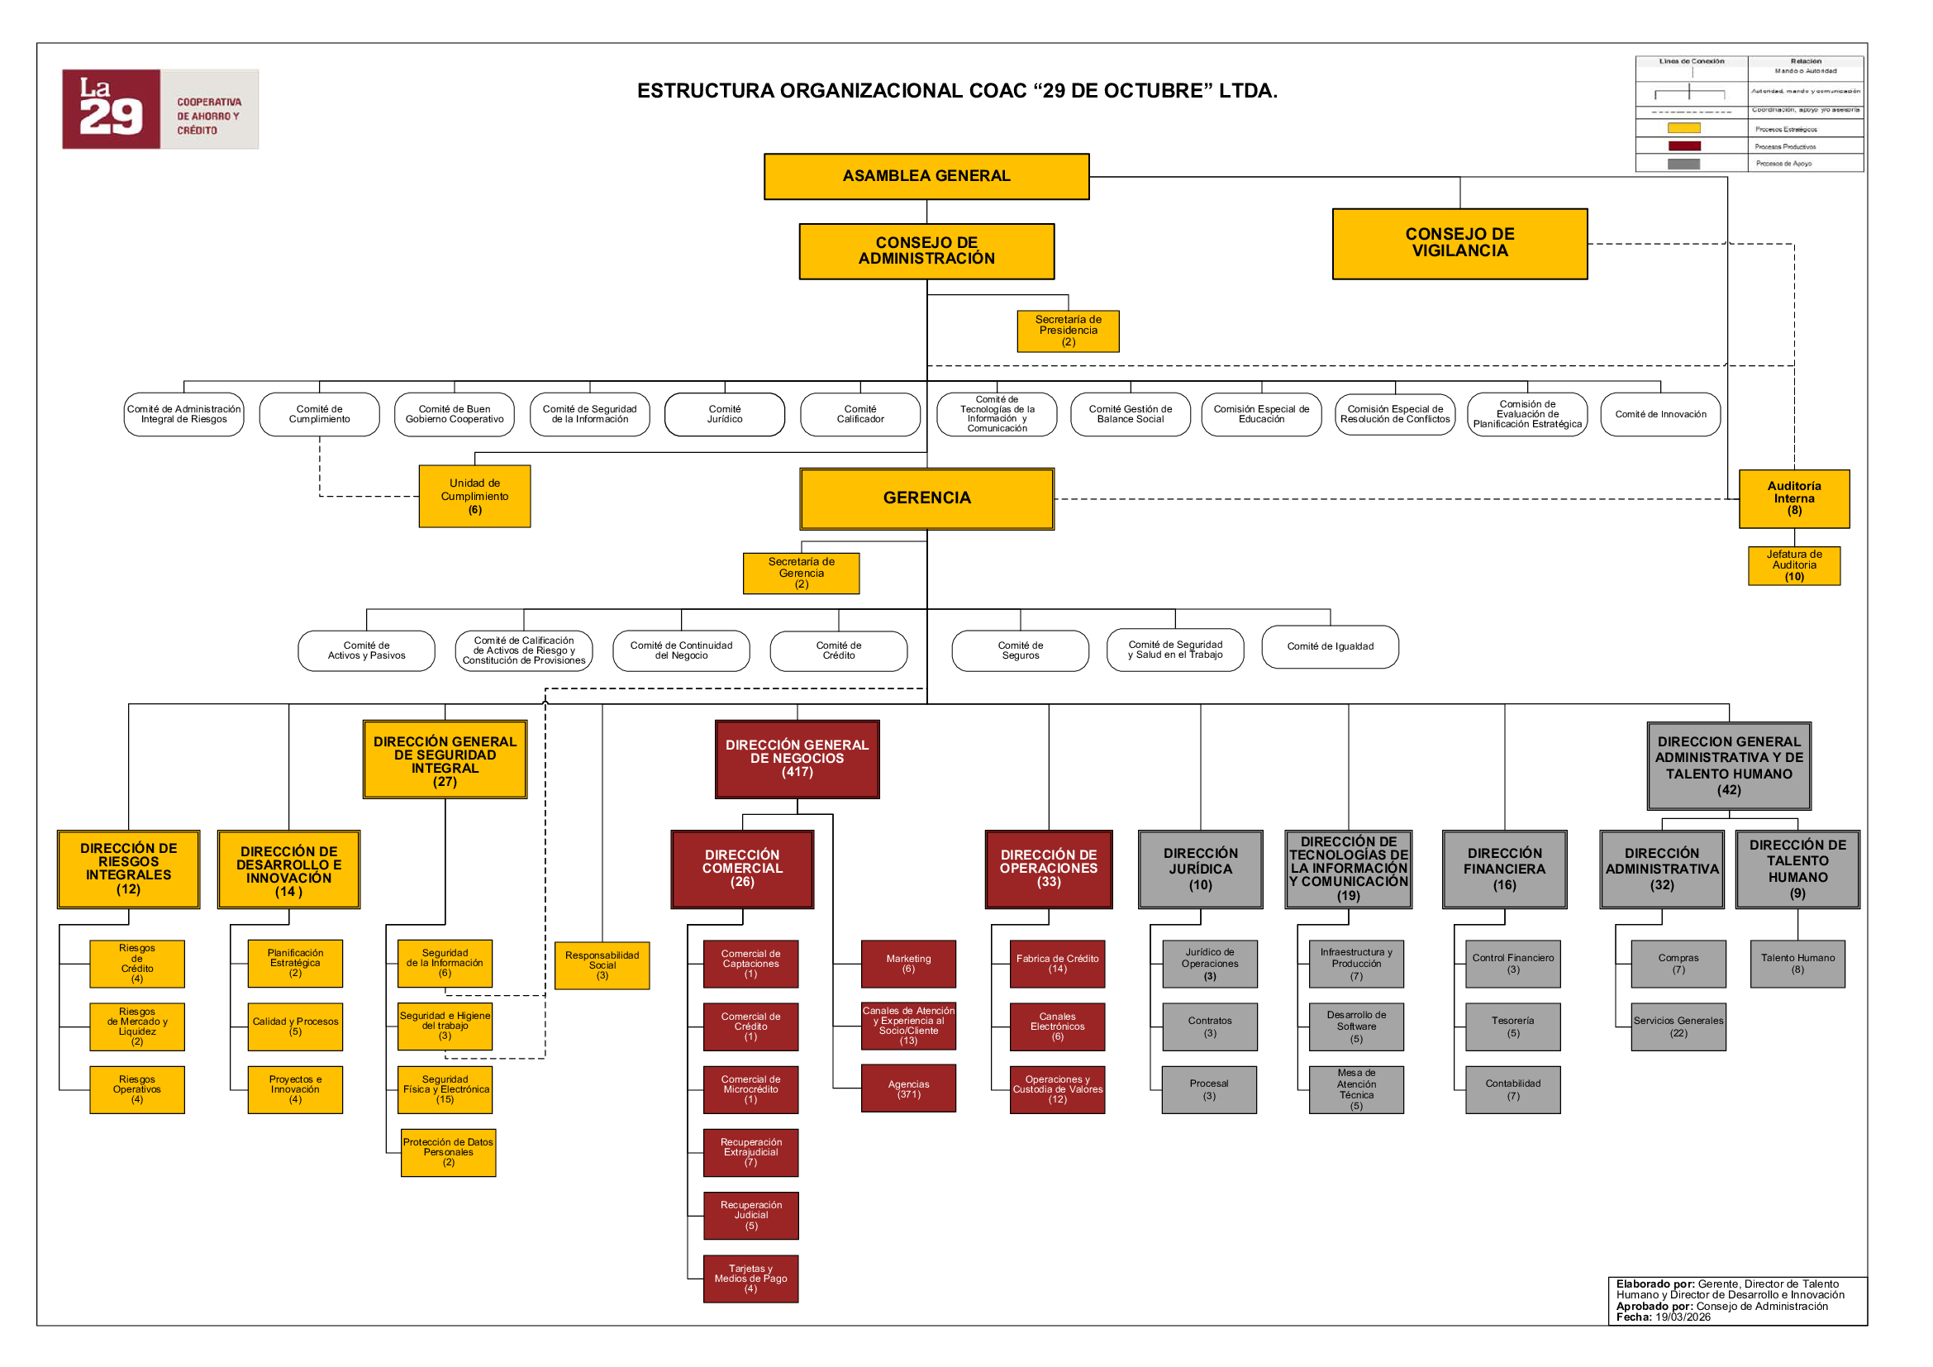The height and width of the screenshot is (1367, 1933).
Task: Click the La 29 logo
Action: (160, 109)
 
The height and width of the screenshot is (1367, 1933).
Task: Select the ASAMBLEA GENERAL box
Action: (926, 176)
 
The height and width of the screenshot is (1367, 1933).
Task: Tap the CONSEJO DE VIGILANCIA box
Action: (1459, 243)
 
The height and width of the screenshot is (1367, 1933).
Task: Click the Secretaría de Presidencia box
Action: (1068, 331)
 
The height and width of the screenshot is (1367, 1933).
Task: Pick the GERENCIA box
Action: (926, 498)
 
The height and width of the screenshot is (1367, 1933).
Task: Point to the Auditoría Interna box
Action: (1793, 498)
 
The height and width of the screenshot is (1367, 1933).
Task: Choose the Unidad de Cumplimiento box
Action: (474, 497)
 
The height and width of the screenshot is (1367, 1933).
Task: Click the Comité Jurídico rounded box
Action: (724, 414)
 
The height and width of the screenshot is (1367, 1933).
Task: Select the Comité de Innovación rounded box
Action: (1659, 414)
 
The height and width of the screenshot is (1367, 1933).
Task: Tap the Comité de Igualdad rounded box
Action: (1330, 646)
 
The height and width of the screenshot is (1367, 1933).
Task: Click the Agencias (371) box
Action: (908, 1089)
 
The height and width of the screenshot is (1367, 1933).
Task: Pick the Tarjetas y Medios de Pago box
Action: (750, 1279)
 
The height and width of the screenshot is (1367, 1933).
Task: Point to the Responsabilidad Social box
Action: (602, 965)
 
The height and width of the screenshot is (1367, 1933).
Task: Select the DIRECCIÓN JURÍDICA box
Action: (1200, 869)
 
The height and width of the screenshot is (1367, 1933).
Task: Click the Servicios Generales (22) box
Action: (1678, 1027)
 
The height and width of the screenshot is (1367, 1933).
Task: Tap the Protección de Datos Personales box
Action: (448, 1152)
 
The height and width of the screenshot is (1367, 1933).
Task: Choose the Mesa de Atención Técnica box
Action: (1355, 1090)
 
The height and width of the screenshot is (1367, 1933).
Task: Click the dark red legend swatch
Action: (1683, 146)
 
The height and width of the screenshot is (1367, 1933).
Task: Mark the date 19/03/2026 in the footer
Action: (1682, 1317)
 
